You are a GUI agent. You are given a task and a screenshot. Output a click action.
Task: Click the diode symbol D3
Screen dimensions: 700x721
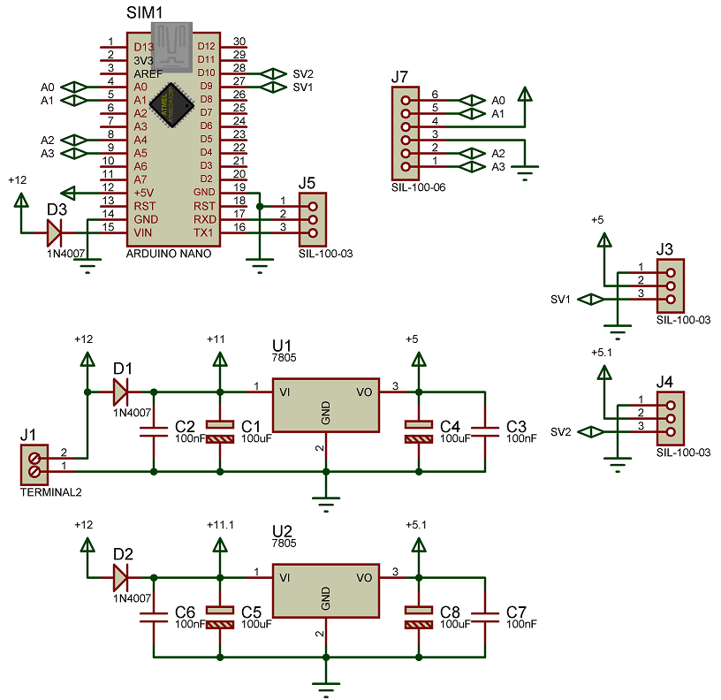coord(55,232)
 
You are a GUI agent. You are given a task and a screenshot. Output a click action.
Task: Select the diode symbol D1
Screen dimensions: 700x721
coord(121,390)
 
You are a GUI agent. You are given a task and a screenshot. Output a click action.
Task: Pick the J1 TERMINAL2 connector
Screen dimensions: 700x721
coord(34,465)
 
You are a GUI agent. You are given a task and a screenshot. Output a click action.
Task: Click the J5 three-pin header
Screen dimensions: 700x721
coord(312,218)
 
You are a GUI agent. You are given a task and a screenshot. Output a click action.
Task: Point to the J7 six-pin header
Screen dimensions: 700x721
coord(406,133)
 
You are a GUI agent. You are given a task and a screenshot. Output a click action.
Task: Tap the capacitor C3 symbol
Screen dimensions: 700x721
coord(485,430)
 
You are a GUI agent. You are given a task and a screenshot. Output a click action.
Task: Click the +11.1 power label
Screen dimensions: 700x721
coord(220,525)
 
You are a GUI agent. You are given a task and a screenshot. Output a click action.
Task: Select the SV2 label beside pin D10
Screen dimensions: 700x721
coord(302,73)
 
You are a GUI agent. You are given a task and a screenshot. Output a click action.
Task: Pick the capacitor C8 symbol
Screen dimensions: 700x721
coord(418,617)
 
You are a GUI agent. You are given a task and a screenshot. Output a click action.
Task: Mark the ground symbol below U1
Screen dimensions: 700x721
coord(326,506)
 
